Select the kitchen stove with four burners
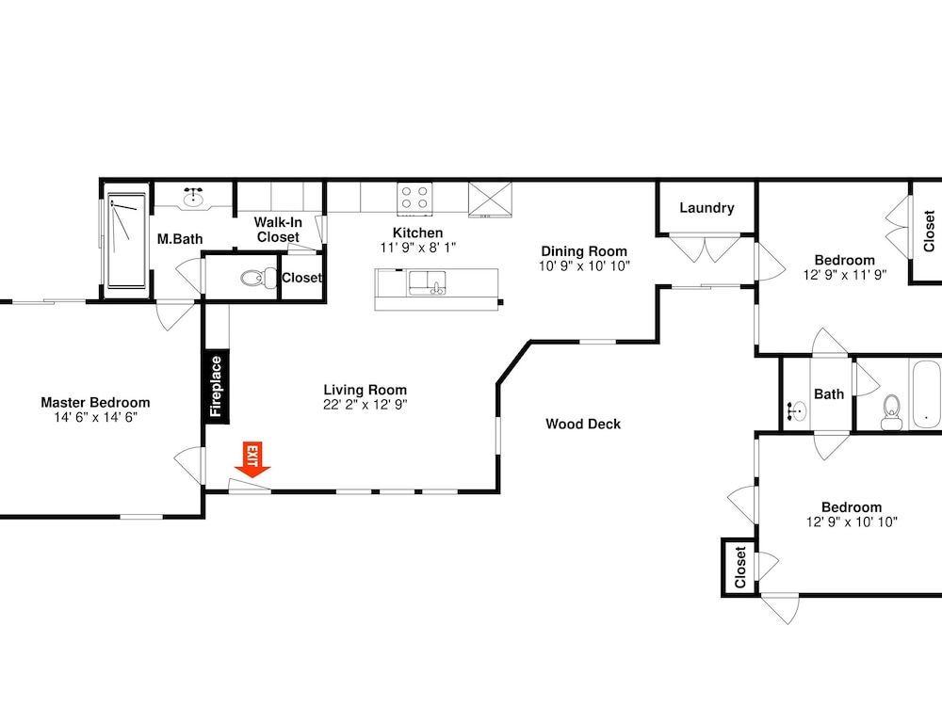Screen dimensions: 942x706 [414, 198]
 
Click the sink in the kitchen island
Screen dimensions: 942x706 [427, 282]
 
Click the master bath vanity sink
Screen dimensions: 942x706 [193, 198]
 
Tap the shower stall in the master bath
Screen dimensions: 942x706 [126, 240]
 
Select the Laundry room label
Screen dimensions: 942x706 [706, 208]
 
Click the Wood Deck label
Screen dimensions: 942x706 [583, 424]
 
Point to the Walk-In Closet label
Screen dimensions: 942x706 [278, 230]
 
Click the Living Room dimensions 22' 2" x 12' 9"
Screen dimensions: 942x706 [365, 405]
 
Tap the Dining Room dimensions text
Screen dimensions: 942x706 [584, 266]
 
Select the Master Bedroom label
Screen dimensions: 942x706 [95, 402]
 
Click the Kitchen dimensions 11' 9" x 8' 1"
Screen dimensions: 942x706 [418, 248]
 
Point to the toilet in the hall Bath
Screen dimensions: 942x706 [891, 412]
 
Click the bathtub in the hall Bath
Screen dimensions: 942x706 [926, 393]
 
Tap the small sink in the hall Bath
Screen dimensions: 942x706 [797, 412]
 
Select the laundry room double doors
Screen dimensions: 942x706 [705, 248]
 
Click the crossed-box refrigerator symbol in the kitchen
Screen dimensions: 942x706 [490, 199]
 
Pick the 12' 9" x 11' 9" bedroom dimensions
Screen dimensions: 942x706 [845, 275]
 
